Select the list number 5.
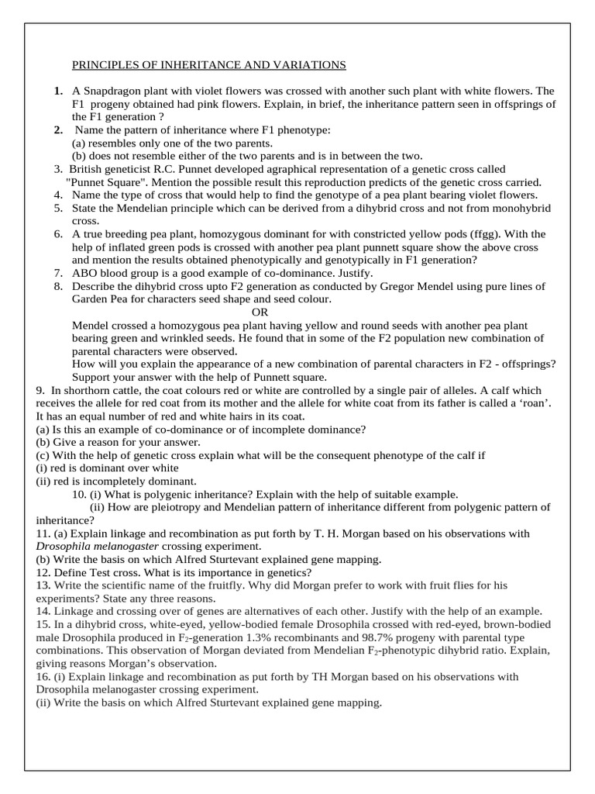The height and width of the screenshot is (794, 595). tap(58, 209)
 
